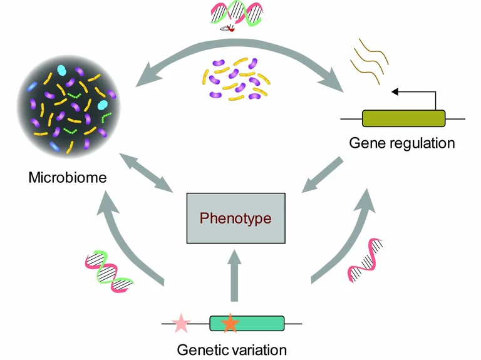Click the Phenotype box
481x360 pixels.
[x=235, y=218]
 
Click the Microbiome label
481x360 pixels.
[x=68, y=177]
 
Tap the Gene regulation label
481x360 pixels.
[x=401, y=143]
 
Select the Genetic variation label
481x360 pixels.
[x=232, y=349]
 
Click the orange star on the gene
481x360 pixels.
[x=230, y=323]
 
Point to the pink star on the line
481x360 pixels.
[x=181, y=323]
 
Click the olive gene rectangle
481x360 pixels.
[x=403, y=118]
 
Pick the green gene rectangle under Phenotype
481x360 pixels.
[x=246, y=323]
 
